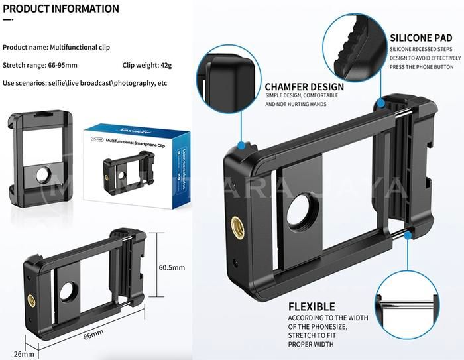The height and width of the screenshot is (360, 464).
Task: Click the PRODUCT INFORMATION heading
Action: point(61,9)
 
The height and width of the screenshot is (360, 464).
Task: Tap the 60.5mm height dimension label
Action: point(171,268)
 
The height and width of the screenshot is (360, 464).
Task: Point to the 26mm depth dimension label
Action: point(23,354)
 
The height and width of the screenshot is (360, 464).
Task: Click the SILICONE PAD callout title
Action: point(421,38)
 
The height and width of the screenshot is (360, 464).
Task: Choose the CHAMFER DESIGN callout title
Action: point(304,86)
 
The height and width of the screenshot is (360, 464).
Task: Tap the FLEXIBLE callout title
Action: point(312,306)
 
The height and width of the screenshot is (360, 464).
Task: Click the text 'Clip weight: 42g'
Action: point(147,65)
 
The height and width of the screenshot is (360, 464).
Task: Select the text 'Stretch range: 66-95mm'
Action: point(40,65)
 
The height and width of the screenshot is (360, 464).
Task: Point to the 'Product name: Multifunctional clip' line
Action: point(56,48)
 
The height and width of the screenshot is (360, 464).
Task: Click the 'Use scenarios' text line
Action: point(85,83)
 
